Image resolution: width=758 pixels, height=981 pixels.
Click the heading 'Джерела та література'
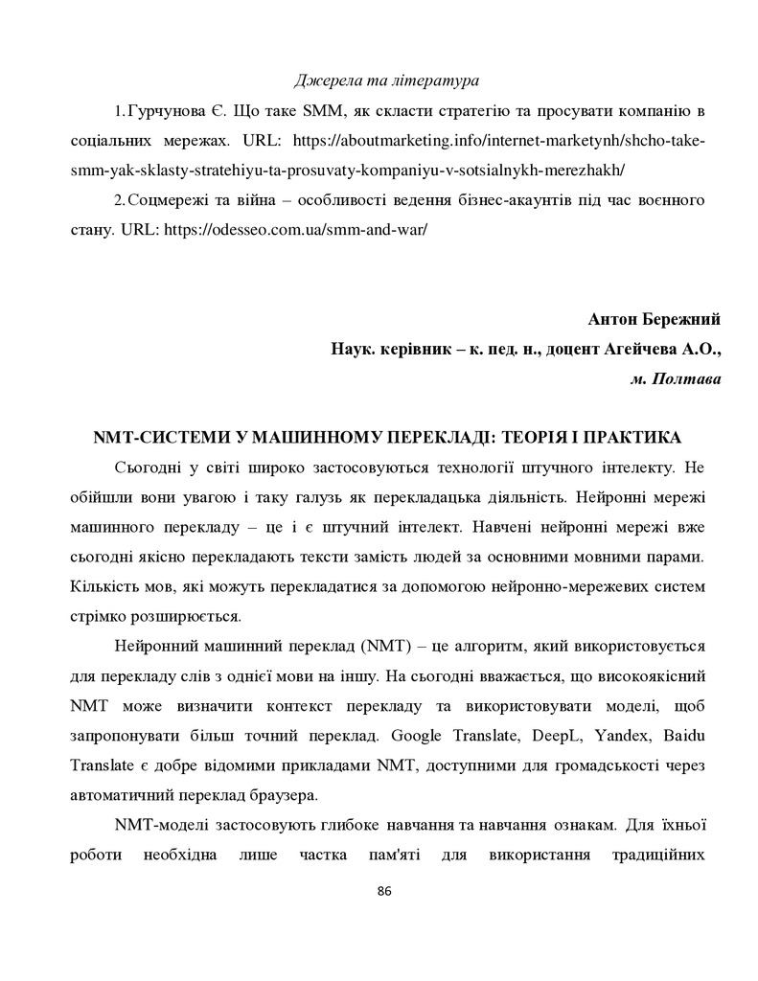pyautogui.click(x=387, y=78)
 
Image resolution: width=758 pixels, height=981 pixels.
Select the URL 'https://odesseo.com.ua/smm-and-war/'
pyautogui.click(x=295, y=230)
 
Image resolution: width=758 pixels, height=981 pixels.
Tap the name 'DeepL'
pyautogui.click(x=584, y=734)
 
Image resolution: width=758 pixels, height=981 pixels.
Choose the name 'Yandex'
pyautogui.click(x=647, y=734)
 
